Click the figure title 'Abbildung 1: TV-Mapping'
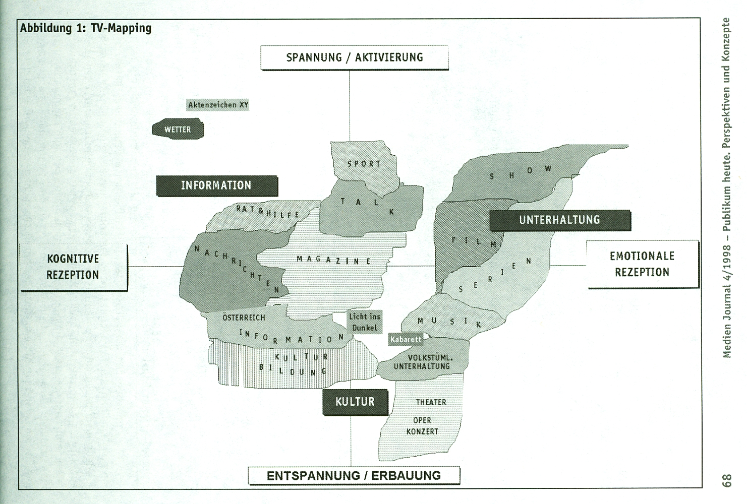click(x=86, y=28)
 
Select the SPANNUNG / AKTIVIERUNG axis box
click(x=355, y=57)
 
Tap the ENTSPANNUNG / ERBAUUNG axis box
click(x=354, y=475)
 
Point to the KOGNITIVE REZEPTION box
click(x=73, y=267)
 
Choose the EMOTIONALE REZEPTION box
click(x=642, y=264)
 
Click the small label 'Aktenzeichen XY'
click(x=218, y=105)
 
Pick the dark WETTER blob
click(x=178, y=129)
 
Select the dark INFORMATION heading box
click(x=217, y=185)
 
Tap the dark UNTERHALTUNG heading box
click(x=560, y=220)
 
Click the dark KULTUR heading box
click(x=355, y=402)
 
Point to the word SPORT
click(x=364, y=164)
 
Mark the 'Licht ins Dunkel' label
click(x=365, y=322)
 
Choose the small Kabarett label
click(x=406, y=339)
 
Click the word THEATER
click(x=431, y=402)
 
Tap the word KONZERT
click(x=422, y=431)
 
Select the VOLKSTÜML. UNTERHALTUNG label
click(x=422, y=362)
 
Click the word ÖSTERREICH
click(x=244, y=318)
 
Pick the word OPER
click(x=422, y=421)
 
